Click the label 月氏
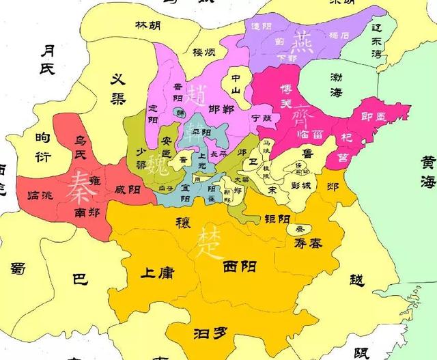pos(47,59)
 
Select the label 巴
pos(80,279)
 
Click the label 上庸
pos(156,273)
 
